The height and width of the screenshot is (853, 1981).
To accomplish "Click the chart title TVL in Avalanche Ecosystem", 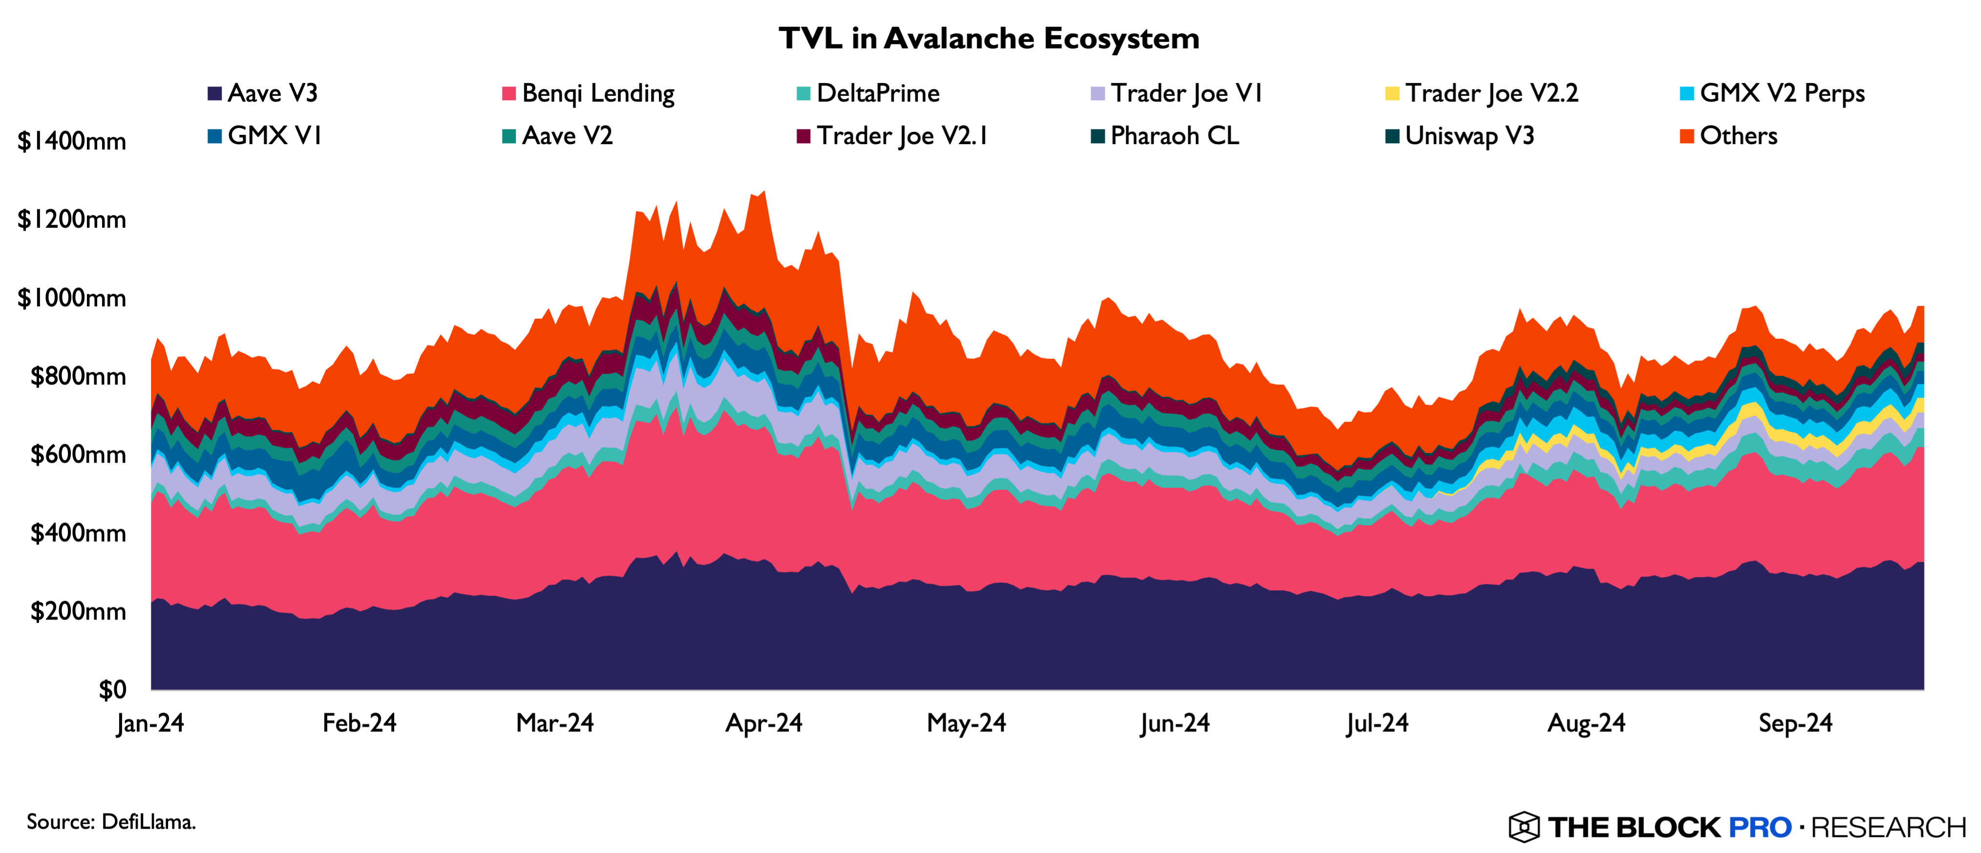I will tap(989, 39).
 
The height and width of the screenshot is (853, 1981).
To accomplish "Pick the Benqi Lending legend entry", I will tap(589, 93).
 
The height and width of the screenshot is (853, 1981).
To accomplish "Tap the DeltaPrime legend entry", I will tap(868, 93).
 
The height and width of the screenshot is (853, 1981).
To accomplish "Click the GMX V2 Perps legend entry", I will tap(1772, 93).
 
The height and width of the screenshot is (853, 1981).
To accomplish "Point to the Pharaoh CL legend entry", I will tap(1165, 136).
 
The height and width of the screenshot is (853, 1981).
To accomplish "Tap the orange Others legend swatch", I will tap(1686, 136).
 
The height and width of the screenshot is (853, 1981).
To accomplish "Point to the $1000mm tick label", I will tap(71, 298).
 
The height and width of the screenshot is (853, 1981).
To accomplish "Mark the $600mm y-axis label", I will tap(78, 454).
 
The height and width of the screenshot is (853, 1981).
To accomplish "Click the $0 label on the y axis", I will tap(112, 689).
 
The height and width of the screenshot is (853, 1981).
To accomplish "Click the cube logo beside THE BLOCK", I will tap(1523, 827).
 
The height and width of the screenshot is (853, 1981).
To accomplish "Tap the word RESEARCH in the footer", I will tap(1888, 827).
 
